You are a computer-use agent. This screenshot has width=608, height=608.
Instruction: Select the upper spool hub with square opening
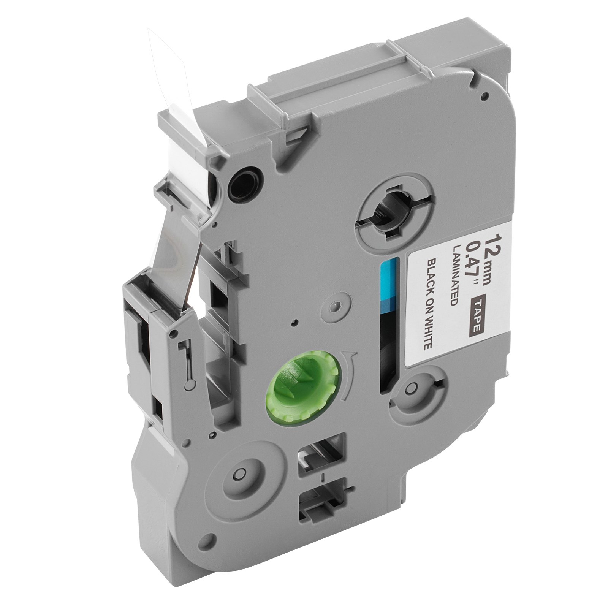pos(394,213)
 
